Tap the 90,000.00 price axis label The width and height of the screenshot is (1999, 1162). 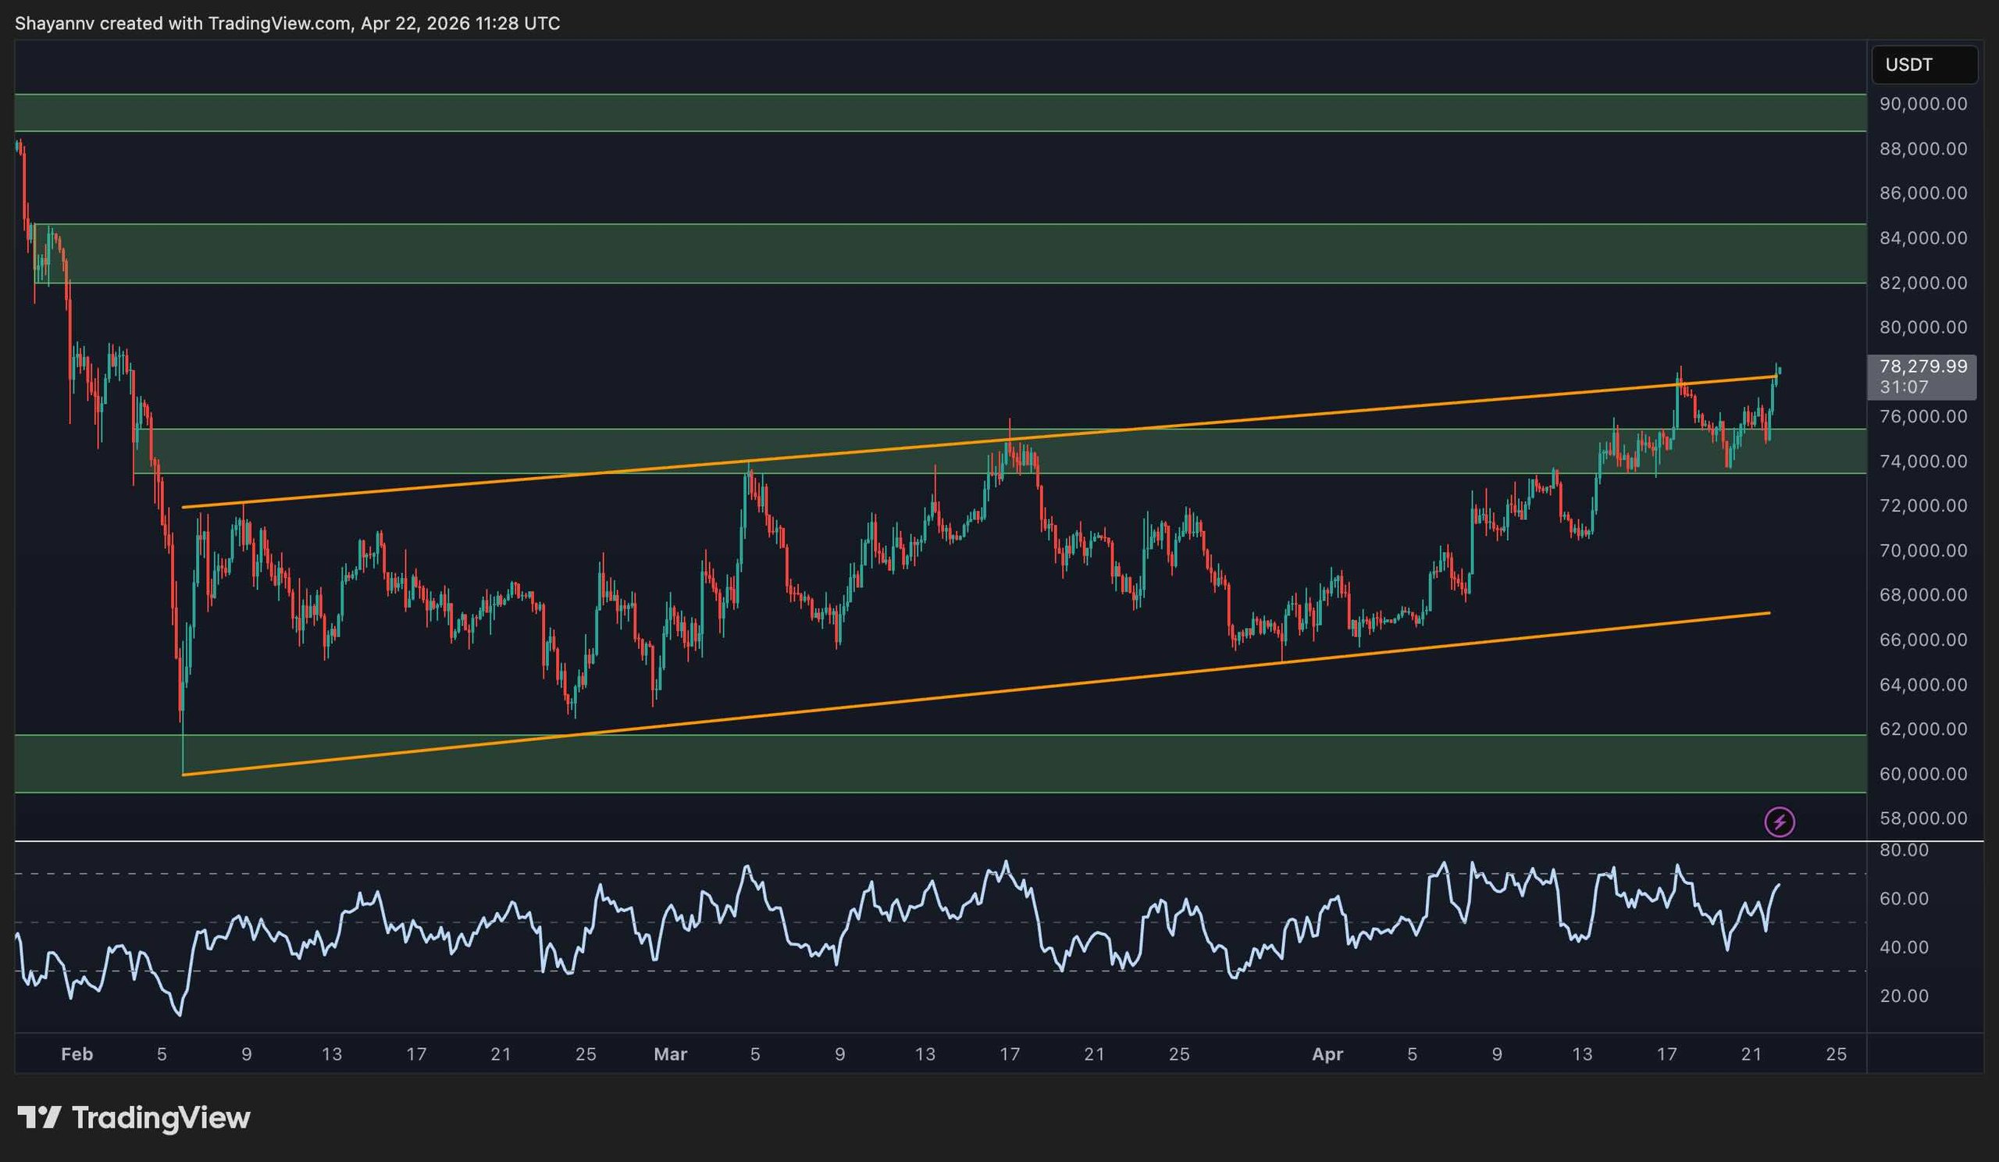pos(1922,104)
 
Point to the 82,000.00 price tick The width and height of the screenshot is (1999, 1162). pos(1922,283)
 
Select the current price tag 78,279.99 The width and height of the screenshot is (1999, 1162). pos(1922,366)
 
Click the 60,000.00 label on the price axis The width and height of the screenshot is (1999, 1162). pos(1922,774)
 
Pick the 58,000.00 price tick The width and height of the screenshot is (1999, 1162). pos(1922,818)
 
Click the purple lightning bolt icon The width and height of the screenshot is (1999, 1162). pos(1780,822)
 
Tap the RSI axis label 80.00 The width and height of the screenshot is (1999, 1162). pos(1904,850)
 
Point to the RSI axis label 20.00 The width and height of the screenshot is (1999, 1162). pos(1904,996)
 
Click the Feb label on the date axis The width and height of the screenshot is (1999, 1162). pos(77,1054)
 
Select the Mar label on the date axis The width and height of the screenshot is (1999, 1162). pos(669,1054)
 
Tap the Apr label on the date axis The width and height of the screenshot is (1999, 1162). pos(1327,1054)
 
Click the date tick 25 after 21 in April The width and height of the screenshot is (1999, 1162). pos(1836,1054)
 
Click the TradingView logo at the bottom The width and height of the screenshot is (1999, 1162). pos(134,1117)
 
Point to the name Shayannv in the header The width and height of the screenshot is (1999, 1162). pos(54,23)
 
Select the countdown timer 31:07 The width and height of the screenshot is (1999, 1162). pos(1903,387)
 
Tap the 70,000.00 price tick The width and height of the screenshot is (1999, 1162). pos(1922,551)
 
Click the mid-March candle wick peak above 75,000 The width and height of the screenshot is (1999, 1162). pos(1009,419)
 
